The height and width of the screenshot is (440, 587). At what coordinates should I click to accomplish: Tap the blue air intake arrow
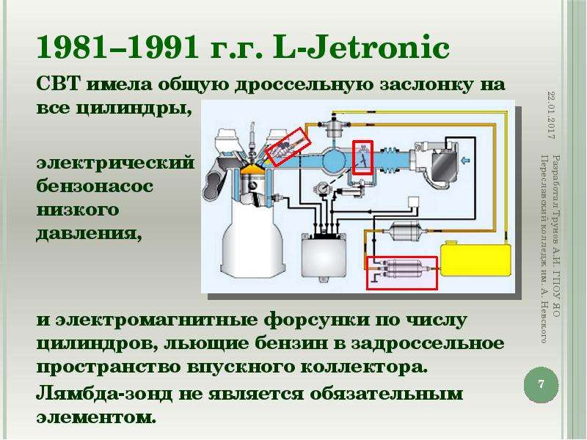coord(465,161)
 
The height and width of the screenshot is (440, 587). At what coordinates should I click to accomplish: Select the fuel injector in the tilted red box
coord(288,146)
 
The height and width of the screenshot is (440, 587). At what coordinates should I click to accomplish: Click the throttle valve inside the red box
coord(363,158)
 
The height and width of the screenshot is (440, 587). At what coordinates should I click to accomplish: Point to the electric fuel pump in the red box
coord(403,268)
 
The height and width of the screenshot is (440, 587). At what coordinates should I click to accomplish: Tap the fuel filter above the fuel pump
coord(406,229)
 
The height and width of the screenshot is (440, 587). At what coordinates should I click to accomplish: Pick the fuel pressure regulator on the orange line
coord(332,127)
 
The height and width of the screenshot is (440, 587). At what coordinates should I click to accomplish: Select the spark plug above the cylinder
coord(252,139)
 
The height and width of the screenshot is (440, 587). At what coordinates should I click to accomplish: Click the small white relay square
coord(413,202)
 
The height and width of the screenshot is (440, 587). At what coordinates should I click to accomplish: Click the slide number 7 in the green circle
coord(541,384)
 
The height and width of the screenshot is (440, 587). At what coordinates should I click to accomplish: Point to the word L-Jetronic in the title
coord(361,48)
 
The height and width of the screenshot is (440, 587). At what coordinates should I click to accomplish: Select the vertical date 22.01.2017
coord(551,115)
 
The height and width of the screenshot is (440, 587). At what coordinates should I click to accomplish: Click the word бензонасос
coord(95,186)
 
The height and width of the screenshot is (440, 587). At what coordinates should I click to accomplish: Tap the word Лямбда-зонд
coord(104,394)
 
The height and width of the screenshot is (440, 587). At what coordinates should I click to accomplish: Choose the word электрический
coord(115,163)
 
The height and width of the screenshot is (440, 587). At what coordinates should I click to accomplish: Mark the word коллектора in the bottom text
coord(364,367)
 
